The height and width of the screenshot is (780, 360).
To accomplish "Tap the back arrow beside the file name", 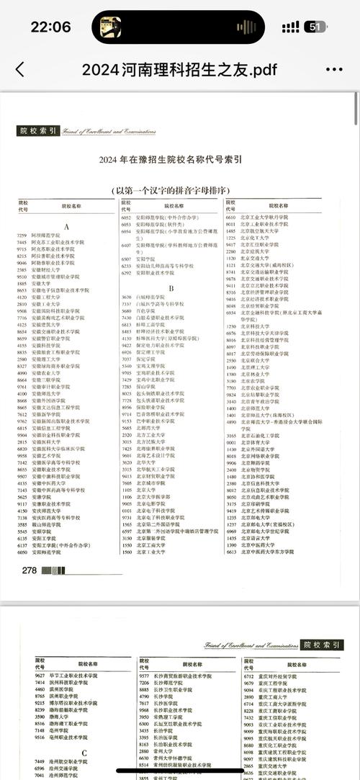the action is (x=19, y=69).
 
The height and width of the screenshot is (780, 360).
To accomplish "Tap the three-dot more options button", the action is (x=334, y=69).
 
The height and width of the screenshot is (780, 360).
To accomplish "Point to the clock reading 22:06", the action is (x=50, y=27).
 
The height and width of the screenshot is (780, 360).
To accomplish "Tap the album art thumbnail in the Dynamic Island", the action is (x=110, y=27).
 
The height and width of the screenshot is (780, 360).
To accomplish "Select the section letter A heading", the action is (x=66, y=226).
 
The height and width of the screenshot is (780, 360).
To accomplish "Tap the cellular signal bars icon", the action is (x=291, y=27).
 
